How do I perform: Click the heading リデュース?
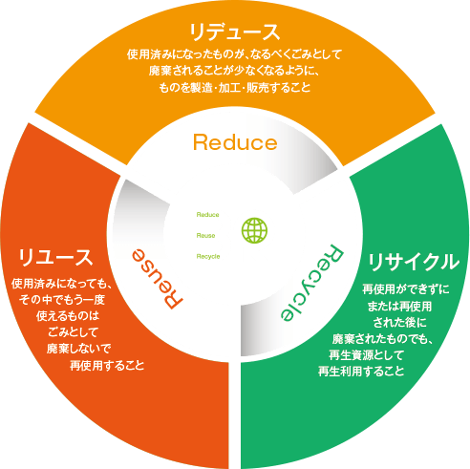pyautogui.click(x=235, y=32)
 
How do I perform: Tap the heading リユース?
pyautogui.click(x=55, y=258)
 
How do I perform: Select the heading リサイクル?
pyautogui.click(x=414, y=262)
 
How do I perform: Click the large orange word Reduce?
pyautogui.click(x=235, y=142)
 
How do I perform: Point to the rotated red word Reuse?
pyautogui.click(x=158, y=278)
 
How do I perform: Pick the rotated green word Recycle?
pyautogui.click(x=312, y=283)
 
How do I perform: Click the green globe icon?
pyautogui.click(x=254, y=230)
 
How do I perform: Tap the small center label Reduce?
pyautogui.click(x=207, y=215)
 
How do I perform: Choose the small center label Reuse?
pyautogui.click(x=205, y=236)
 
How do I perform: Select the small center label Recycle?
pyautogui.click(x=208, y=256)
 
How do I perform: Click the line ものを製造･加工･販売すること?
pyautogui.click(x=235, y=87)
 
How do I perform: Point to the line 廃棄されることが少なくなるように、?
pyautogui.click(x=234, y=71)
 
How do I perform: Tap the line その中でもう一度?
pyautogui.click(x=62, y=300)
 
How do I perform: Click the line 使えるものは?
pyautogui.click(x=68, y=316)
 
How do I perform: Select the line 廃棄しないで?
pyautogui.click(x=78, y=349)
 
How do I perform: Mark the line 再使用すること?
pyautogui.click(x=107, y=366)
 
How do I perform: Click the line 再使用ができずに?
pyautogui.click(x=406, y=289)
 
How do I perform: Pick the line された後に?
pyautogui.click(x=399, y=323)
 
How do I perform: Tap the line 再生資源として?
pyautogui.click(x=366, y=355)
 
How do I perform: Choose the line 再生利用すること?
pyautogui.click(x=361, y=372)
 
